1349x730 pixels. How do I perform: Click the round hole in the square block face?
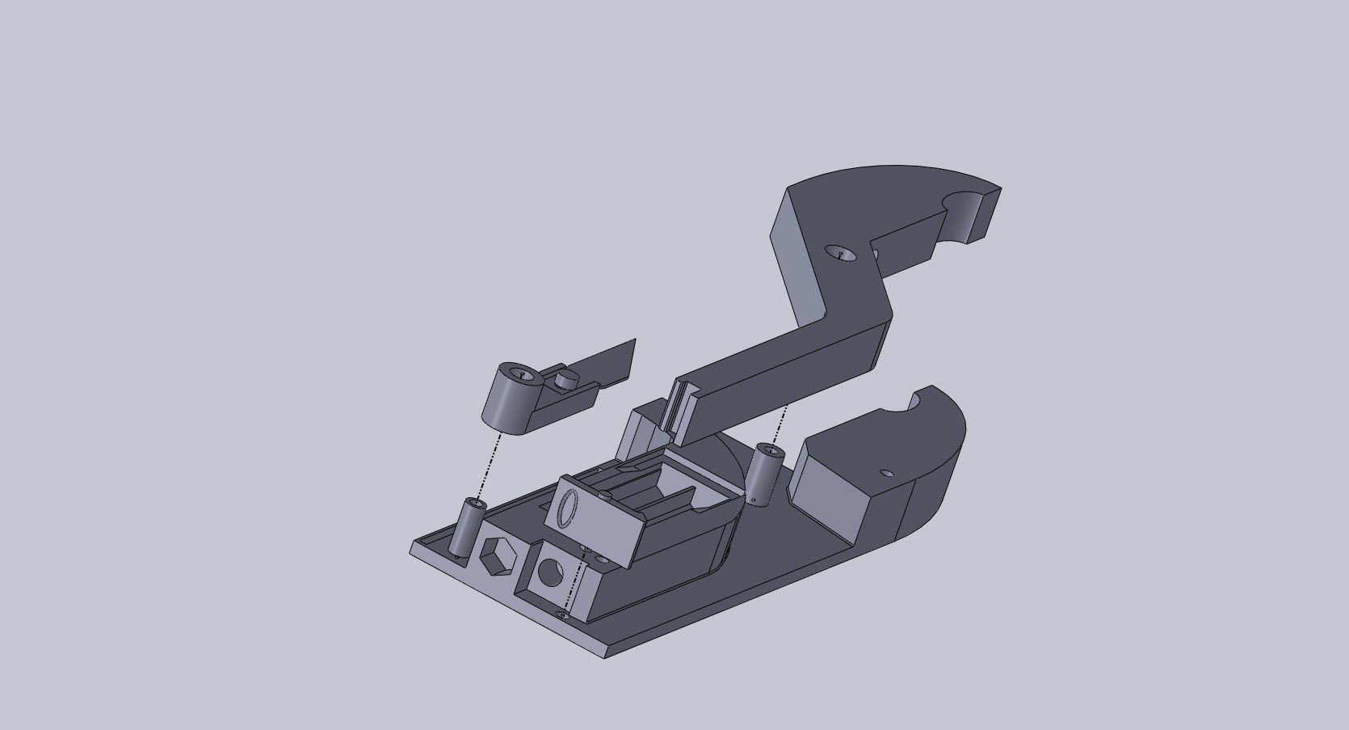point(550,573)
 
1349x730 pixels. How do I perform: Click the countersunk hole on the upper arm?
point(840,253)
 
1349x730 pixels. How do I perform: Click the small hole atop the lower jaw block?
point(886,473)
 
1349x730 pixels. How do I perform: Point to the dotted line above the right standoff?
point(780,423)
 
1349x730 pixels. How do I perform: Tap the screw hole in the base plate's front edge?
point(563,617)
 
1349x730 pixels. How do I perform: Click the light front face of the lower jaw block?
point(832,496)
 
